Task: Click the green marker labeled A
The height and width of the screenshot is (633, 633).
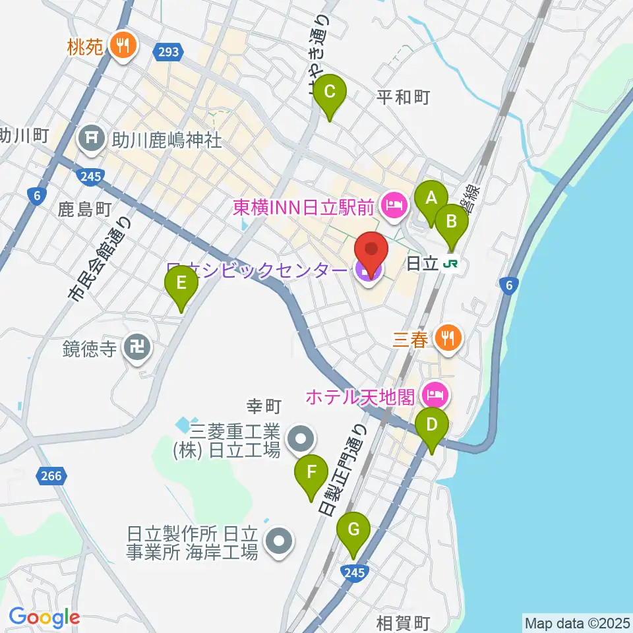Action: click(431, 198)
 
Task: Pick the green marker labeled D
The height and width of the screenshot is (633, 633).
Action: click(431, 425)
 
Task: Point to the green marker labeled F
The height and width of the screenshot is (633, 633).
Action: click(311, 473)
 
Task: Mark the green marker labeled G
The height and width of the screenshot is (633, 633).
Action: click(353, 529)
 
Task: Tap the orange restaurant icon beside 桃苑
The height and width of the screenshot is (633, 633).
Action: click(122, 45)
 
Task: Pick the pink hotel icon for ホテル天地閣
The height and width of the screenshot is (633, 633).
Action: click(435, 396)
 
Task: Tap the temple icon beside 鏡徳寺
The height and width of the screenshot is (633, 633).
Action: click(138, 347)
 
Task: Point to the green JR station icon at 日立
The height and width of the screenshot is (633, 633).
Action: click(451, 263)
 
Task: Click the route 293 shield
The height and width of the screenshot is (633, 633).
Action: click(168, 51)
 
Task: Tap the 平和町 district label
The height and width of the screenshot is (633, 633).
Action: click(404, 98)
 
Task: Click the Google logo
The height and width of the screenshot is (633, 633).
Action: click(44, 618)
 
